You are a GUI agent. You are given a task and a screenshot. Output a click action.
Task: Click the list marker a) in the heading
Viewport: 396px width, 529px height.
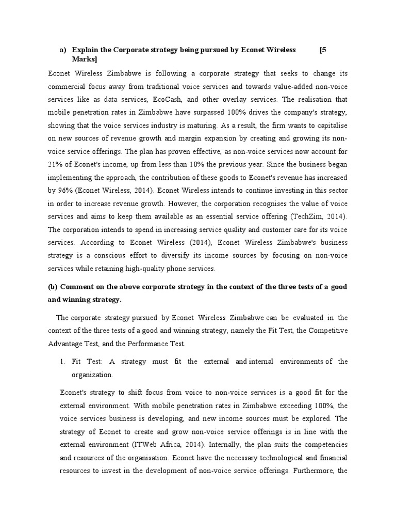(x=63, y=50)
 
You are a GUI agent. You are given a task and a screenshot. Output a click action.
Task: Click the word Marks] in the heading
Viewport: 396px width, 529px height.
(x=84, y=60)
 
